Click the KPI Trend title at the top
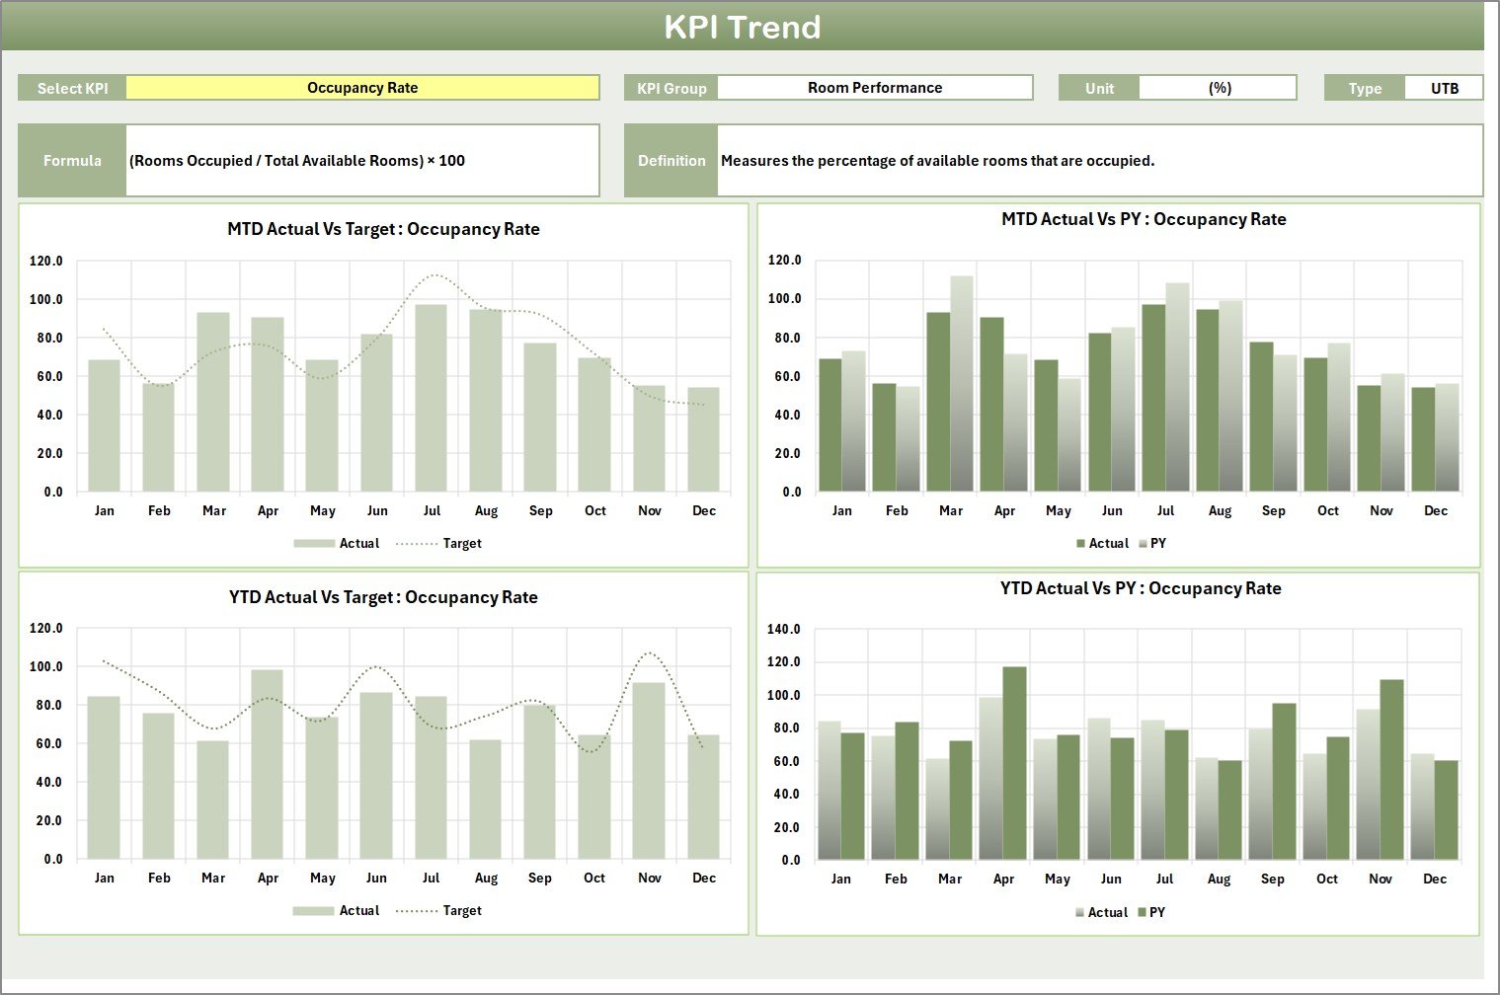click(x=742, y=27)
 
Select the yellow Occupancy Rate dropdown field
click(x=362, y=88)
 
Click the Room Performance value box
click(x=874, y=88)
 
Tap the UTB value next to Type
click(x=1444, y=88)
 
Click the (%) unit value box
click(x=1219, y=88)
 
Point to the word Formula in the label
click(x=72, y=161)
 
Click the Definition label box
click(x=671, y=161)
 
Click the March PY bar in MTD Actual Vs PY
click(x=962, y=385)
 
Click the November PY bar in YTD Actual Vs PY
click(x=1391, y=770)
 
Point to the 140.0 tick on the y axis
click(x=783, y=629)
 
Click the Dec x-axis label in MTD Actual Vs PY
click(x=1435, y=510)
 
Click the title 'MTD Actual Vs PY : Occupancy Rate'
click(x=1144, y=219)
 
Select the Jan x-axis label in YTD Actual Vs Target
click(x=104, y=878)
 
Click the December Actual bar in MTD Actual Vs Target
click(x=703, y=440)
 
